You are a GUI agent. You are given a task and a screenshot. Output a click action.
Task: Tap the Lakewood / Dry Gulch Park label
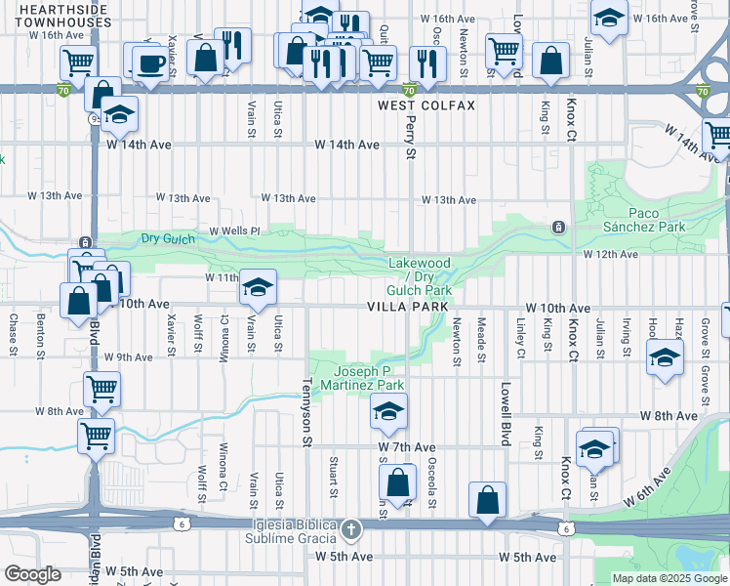[x=420, y=276]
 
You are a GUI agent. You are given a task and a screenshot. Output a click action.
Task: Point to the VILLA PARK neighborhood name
[x=407, y=307]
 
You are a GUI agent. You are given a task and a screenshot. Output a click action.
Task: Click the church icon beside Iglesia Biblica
[x=351, y=530]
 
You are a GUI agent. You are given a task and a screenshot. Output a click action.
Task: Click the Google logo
[x=32, y=574]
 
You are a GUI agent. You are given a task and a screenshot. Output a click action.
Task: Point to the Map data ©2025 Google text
[x=669, y=578]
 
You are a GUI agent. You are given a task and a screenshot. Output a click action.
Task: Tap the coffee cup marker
[x=148, y=64]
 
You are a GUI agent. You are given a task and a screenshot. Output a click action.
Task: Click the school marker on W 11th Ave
[x=258, y=287]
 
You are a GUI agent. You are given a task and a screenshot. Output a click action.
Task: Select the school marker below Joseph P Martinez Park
[x=387, y=412]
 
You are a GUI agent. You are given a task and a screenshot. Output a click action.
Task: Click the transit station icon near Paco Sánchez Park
[x=558, y=227]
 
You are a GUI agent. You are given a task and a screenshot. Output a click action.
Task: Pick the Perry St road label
[x=411, y=140]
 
